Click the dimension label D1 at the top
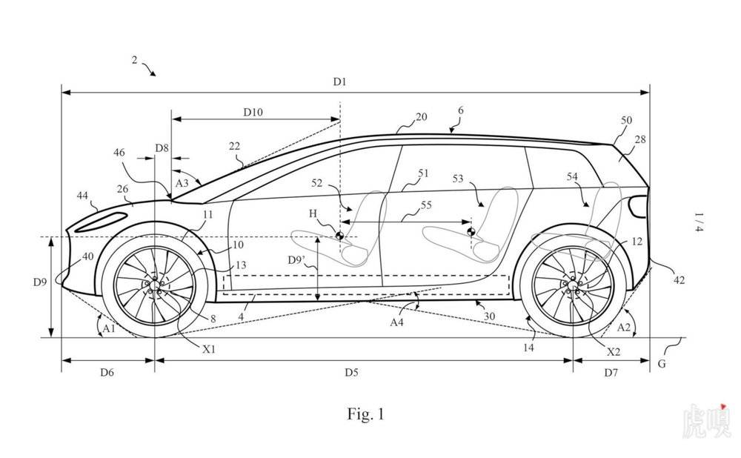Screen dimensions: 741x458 click(339, 82)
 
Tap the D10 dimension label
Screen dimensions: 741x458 click(253, 112)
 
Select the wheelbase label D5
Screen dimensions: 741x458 click(351, 373)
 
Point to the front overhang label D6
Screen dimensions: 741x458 click(107, 373)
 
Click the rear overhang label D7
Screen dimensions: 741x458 click(611, 373)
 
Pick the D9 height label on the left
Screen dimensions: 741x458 click(40, 282)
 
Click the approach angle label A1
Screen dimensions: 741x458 click(109, 328)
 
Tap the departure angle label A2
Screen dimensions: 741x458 click(624, 327)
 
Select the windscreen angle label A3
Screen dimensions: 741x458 click(182, 183)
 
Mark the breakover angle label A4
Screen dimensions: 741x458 click(397, 322)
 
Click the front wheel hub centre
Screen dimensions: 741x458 click(155, 284)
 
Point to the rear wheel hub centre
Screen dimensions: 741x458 click(573, 285)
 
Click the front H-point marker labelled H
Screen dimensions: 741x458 click(339, 236)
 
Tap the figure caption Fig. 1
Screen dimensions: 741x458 click(366, 414)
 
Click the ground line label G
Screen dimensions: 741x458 click(662, 363)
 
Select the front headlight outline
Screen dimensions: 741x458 click(101, 222)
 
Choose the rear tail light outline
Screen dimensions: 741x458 click(638, 206)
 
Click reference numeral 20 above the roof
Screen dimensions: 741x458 click(421, 117)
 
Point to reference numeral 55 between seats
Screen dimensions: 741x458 click(426, 205)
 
